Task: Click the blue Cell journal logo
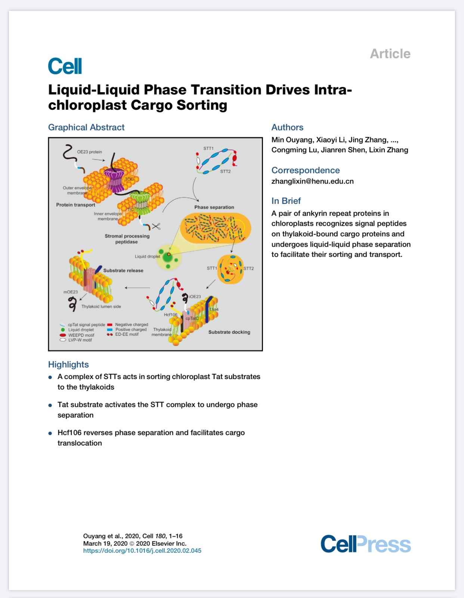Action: (x=65, y=66)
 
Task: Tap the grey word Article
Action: (x=390, y=54)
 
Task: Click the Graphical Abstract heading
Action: (x=86, y=127)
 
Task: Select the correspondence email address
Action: (x=312, y=182)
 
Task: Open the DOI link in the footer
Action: (x=142, y=551)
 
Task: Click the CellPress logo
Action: (x=365, y=544)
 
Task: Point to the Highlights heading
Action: (x=68, y=364)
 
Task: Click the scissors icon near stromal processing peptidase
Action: (x=156, y=226)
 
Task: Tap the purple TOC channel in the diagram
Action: (x=114, y=179)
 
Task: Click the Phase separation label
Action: (x=214, y=207)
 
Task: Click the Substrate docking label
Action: (x=229, y=332)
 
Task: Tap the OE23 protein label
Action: (x=89, y=152)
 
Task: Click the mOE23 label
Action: (x=71, y=292)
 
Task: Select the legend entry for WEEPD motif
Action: (x=77, y=335)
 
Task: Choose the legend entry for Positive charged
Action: (x=127, y=329)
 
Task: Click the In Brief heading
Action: (x=286, y=201)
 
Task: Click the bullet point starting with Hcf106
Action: (x=151, y=438)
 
